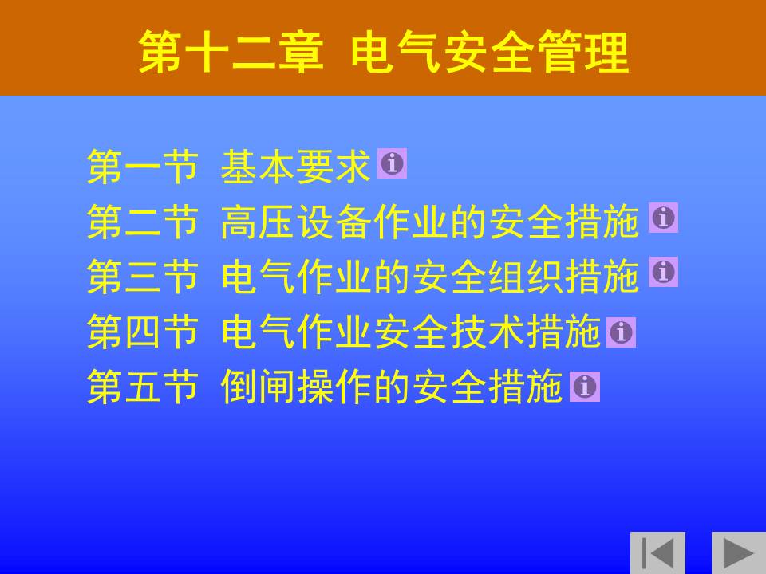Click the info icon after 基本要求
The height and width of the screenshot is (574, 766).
click(x=392, y=163)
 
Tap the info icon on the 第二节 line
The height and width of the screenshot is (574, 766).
click(x=663, y=218)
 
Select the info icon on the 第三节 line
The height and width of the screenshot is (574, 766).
click(x=663, y=271)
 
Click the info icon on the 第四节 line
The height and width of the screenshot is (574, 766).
click(x=621, y=332)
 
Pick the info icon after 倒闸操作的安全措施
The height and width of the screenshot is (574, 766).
click(x=584, y=387)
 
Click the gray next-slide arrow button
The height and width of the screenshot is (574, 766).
click(x=739, y=552)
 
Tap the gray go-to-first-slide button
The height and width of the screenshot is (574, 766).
click(x=657, y=552)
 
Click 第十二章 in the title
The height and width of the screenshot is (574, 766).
click(x=231, y=53)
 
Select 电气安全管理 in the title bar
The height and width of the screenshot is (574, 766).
click(x=489, y=53)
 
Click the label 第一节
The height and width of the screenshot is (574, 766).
click(x=143, y=167)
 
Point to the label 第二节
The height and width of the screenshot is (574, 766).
click(x=143, y=222)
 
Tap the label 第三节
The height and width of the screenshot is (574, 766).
click(x=143, y=277)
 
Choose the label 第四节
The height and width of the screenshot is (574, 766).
click(x=143, y=332)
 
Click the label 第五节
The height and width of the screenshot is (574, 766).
click(x=143, y=386)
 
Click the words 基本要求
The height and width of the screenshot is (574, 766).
click(x=295, y=167)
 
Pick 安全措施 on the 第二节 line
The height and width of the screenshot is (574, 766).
click(x=564, y=222)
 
